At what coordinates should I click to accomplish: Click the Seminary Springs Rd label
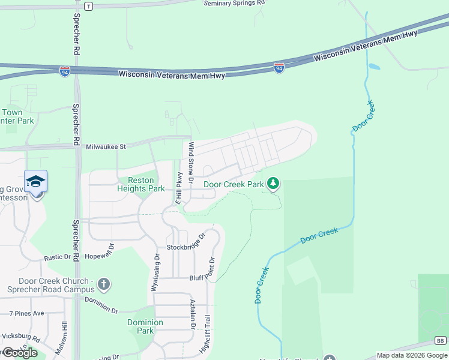pyautogui.click(x=234, y=3)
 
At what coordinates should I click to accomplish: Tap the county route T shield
pyautogui.click(x=89, y=6)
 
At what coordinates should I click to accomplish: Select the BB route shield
pyautogui.click(x=441, y=340)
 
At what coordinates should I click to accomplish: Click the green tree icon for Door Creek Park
pyautogui.click(x=273, y=183)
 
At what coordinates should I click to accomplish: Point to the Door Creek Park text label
pyautogui.click(x=234, y=184)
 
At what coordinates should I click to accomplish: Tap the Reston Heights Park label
pyautogui.click(x=141, y=184)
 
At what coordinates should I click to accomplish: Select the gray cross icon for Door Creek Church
pyautogui.click(x=104, y=283)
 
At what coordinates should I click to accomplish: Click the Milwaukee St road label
pyautogui.click(x=106, y=146)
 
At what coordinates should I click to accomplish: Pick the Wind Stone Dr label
pyautogui.click(x=191, y=162)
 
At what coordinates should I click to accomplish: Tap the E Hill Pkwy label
pyautogui.click(x=178, y=189)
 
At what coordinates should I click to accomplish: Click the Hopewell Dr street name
pyautogui.click(x=102, y=251)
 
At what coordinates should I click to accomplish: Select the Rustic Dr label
pyautogui.click(x=58, y=257)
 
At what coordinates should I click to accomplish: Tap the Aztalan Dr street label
pyautogui.click(x=193, y=314)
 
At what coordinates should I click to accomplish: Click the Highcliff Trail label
pyautogui.click(x=208, y=336)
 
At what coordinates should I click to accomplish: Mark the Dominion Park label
pyautogui.click(x=145, y=326)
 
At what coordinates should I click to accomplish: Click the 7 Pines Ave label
pyautogui.click(x=26, y=313)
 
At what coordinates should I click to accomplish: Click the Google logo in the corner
pyautogui.click(x=20, y=353)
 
